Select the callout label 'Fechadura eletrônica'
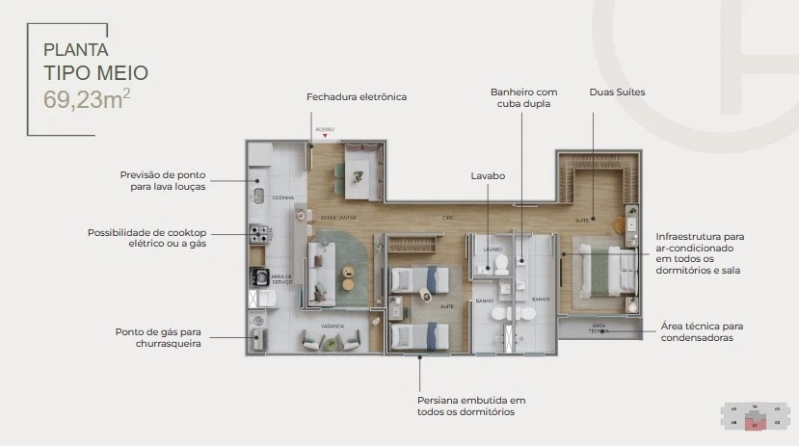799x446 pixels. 357,97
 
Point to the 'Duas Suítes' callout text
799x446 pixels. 617,92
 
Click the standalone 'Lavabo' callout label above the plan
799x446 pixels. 488,176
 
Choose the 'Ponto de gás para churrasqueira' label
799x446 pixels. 158,337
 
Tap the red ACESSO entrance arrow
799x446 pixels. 326,136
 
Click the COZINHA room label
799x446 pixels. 282,197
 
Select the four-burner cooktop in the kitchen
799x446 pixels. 258,233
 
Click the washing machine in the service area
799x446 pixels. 259,276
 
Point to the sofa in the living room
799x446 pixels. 318,271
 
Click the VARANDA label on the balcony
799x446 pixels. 333,327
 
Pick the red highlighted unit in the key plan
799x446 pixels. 758,423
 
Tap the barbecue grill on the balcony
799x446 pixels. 259,337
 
